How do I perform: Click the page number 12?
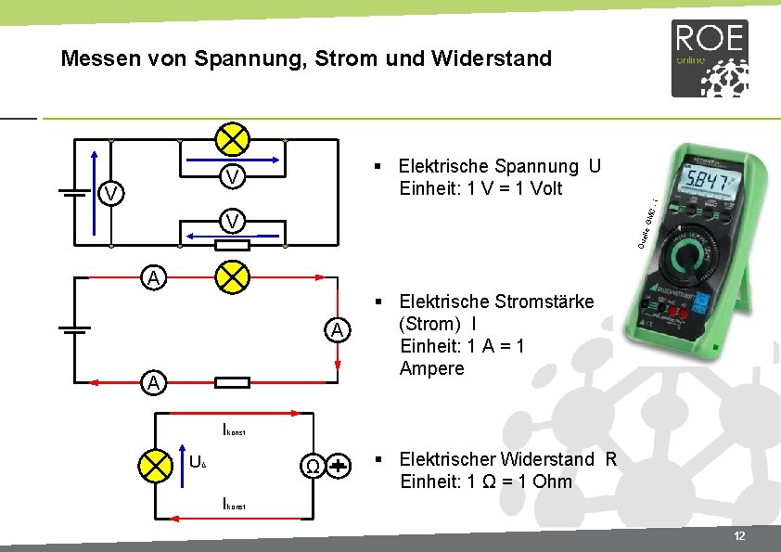(738, 537)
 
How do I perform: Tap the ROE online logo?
(710, 58)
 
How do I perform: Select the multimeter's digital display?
(711, 180)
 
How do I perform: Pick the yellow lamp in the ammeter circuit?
(231, 276)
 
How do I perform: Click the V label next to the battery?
(110, 193)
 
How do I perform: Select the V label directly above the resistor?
(233, 221)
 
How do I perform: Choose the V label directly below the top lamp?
(233, 175)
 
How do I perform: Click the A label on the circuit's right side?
(339, 329)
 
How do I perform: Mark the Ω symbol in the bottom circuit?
(314, 466)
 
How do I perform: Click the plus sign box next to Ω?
(339, 466)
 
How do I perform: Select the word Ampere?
(431, 368)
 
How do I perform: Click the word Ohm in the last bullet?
(553, 481)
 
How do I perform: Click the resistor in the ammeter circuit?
(231, 382)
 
